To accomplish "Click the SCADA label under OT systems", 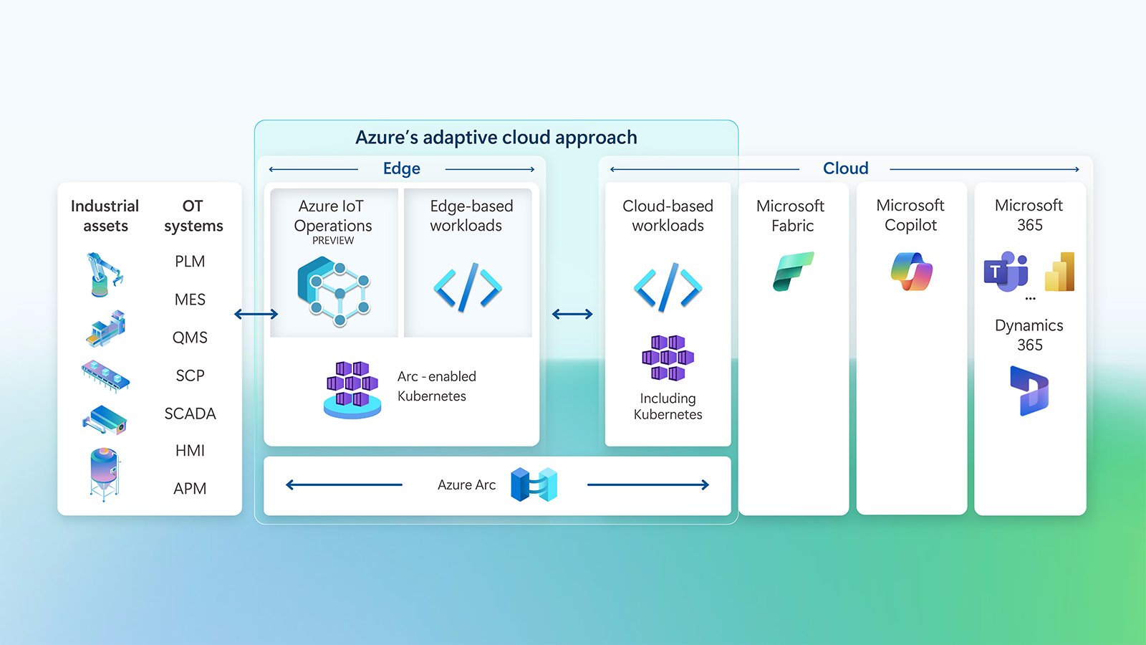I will tap(190, 414).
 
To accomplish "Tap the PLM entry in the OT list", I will tap(190, 262).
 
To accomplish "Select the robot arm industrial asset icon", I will tap(104, 274).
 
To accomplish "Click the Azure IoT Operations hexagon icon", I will tap(334, 292).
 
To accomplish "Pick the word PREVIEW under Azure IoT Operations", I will tap(333, 241).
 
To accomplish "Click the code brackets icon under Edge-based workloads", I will tap(468, 287).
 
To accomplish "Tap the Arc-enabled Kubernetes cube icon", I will tap(352, 389).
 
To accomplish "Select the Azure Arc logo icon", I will tap(534, 484).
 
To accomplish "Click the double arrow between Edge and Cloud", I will tap(572, 314).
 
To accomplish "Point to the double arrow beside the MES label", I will tap(256, 314).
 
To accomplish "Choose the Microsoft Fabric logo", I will tap(793, 271).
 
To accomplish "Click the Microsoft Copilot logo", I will tap(911, 271).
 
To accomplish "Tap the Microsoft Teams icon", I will tap(1005, 272).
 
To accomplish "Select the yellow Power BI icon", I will tap(1060, 272).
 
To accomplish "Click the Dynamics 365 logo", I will tap(1029, 391).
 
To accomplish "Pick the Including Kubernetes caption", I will tap(668, 406).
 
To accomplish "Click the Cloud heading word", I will tap(845, 168).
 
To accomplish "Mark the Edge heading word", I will tap(401, 168).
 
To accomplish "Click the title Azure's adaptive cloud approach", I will tap(496, 138).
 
